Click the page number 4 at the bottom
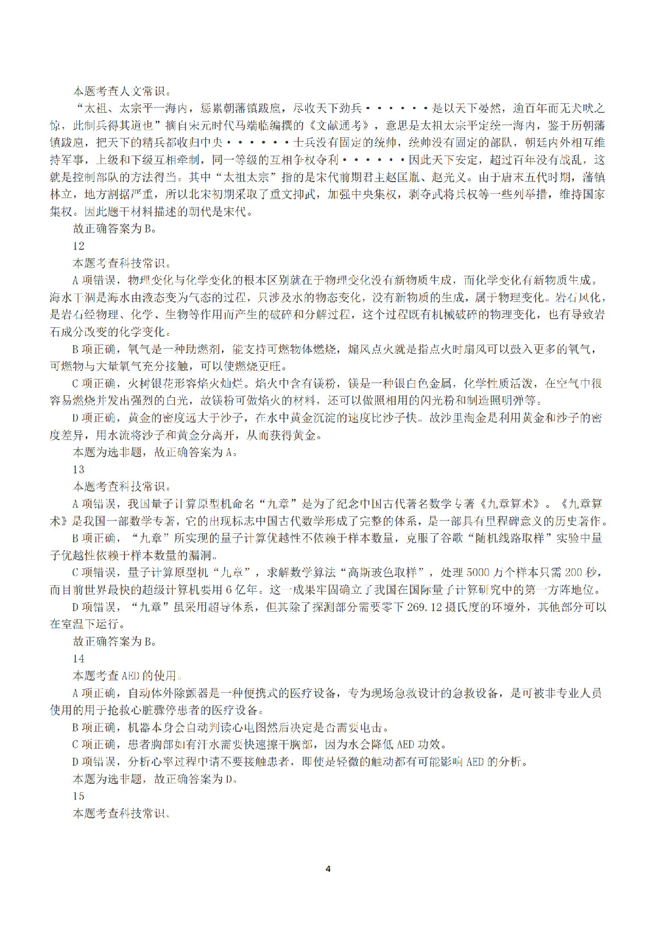[328, 869]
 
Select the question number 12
[78, 246]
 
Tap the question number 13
[78, 469]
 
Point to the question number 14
[78, 658]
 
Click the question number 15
[78, 796]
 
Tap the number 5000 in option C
[478, 573]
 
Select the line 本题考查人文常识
[122, 91]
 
